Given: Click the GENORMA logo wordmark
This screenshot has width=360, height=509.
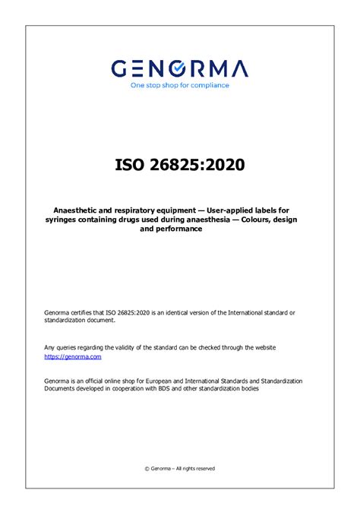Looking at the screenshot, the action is [179, 69].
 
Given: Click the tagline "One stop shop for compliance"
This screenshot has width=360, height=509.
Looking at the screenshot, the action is [179, 85].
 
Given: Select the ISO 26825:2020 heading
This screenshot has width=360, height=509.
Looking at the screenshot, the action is [180, 164].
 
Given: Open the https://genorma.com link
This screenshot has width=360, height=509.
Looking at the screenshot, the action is [73, 356].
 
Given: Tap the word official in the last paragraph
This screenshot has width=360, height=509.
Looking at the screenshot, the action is [99, 380].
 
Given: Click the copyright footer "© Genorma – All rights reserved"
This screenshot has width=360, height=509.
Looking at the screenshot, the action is [180, 469].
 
